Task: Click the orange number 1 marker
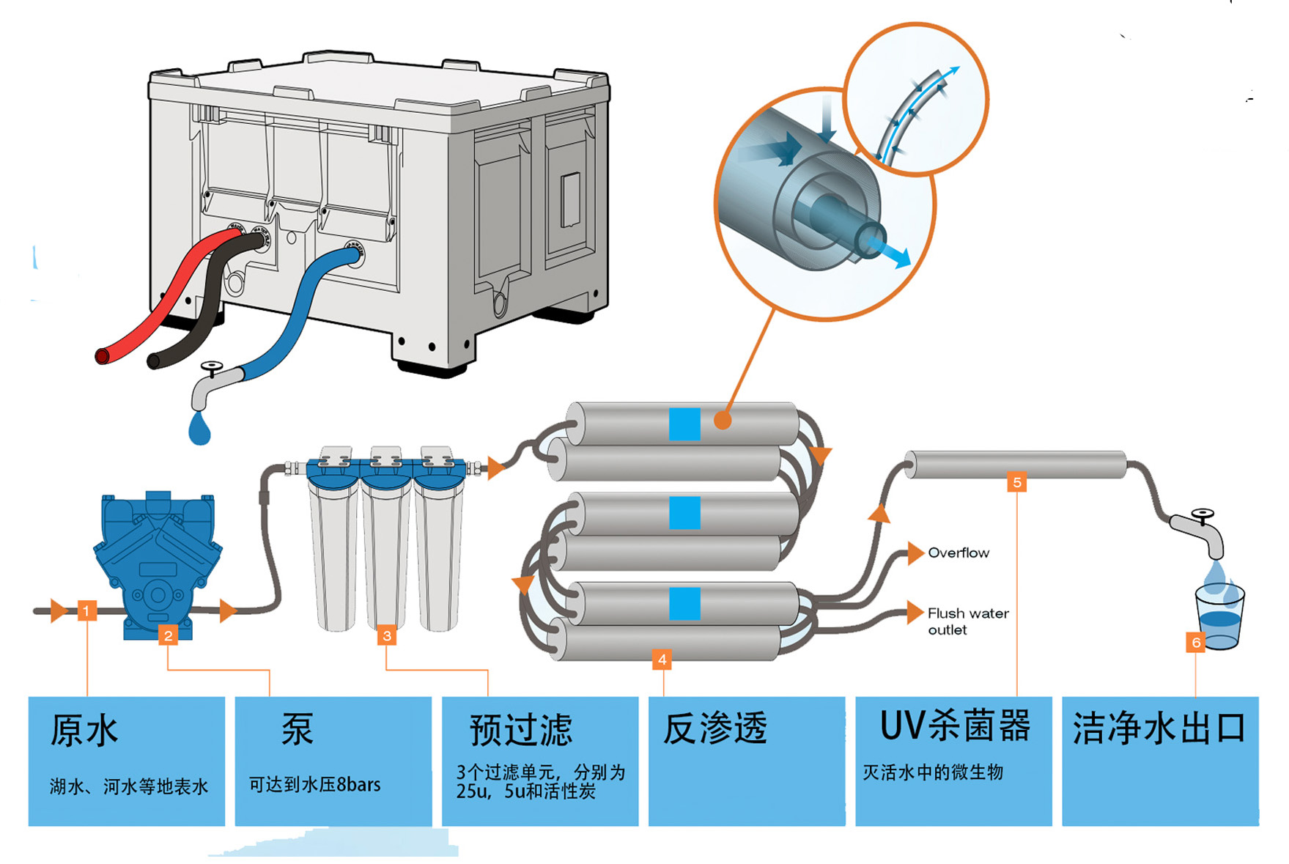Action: [x=86, y=610]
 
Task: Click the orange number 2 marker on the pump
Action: [x=169, y=635]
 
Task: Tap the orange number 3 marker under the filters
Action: [x=387, y=635]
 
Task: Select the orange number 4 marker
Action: [x=662, y=660]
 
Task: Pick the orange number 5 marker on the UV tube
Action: [x=1016, y=482]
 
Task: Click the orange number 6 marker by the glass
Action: [x=1195, y=643]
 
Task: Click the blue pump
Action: [x=158, y=564]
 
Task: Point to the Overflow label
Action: [x=958, y=553]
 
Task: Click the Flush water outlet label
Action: [x=967, y=621]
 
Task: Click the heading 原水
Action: [x=84, y=731]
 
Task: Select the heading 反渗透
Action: [x=714, y=729]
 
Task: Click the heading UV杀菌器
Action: [x=954, y=726]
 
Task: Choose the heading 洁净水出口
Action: [x=1159, y=728]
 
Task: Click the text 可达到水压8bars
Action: [x=314, y=785]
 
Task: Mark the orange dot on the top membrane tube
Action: [x=723, y=420]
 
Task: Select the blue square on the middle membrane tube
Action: [x=684, y=513]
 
